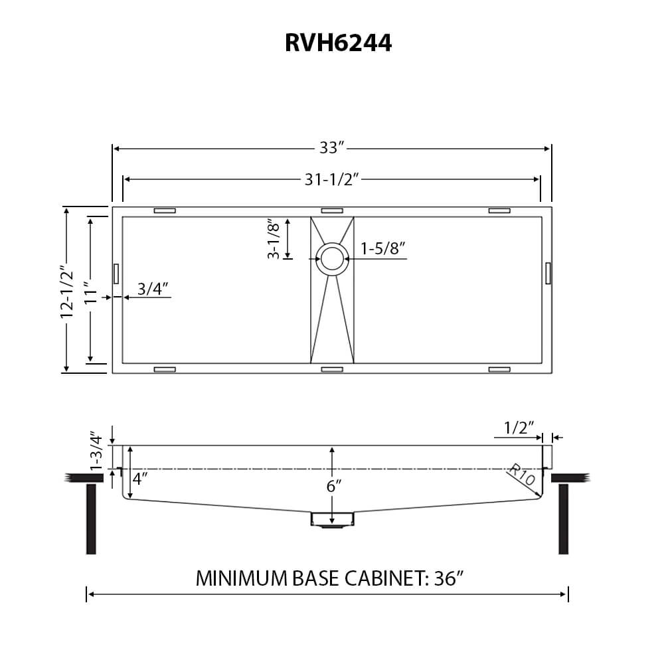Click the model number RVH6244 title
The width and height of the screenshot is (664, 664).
pyautogui.click(x=338, y=42)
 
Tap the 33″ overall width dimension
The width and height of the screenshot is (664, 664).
pyautogui.click(x=332, y=148)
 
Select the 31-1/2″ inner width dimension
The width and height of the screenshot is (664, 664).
pyautogui.click(x=331, y=179)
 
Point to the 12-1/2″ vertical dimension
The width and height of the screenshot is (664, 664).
pyautogui.click(x=67, y=292)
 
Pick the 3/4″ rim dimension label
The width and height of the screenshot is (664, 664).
pyautogui.click(x=153, y=289)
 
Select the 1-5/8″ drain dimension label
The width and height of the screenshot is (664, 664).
pyautogui.click(x=383, y=248)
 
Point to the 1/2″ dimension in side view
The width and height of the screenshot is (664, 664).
pyautogui.click(x=519, y=428)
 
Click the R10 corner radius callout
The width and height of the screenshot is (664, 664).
pyautogui.click(x=522, y=475)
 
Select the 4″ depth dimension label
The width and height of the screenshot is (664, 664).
pyautogui.click(x=139, y=479)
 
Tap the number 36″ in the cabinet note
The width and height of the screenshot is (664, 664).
pyautogui.click(x=449, y=578)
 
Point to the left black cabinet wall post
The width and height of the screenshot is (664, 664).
pyautogui.click(x=91, y=519)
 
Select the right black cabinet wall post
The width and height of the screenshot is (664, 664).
pyautogui.click(x=563, y=519)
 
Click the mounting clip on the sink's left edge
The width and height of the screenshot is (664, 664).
pyautogui.click(x=116, y=273)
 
